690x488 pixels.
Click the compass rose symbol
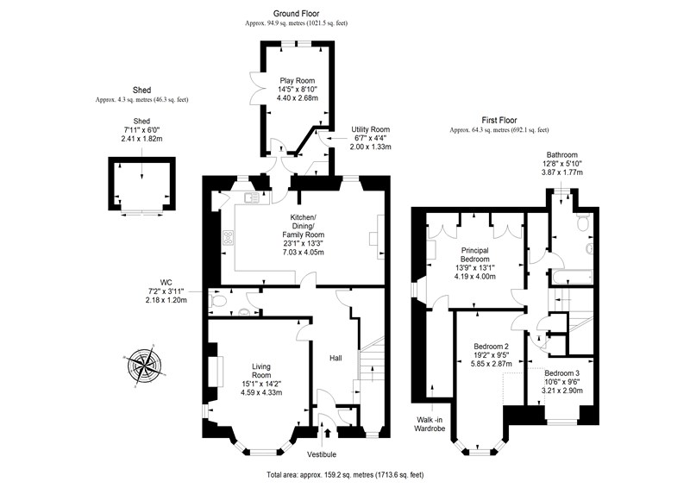point(144,366)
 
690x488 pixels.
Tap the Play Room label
point(297,80)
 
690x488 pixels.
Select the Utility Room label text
point(370,130)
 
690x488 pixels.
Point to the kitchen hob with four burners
point(229,238)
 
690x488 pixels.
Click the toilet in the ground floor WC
point(218,301)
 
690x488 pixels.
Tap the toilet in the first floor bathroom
point(584,222)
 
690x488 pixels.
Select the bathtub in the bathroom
point(570,278)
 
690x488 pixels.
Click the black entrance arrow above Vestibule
point(327,432)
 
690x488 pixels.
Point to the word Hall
point(336,358)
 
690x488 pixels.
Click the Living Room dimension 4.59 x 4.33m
point(261,392)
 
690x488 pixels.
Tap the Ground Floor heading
point(296,14)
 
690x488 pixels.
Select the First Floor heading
point(499,120)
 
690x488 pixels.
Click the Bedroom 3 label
point(562,373)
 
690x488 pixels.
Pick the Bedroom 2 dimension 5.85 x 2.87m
point(492,364)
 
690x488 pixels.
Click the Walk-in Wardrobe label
point(430,424)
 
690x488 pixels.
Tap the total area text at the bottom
point(345,475)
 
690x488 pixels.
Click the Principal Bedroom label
point(475,255)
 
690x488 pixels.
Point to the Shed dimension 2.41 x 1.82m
point(141,139)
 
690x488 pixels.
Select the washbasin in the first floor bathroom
point(589,248)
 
